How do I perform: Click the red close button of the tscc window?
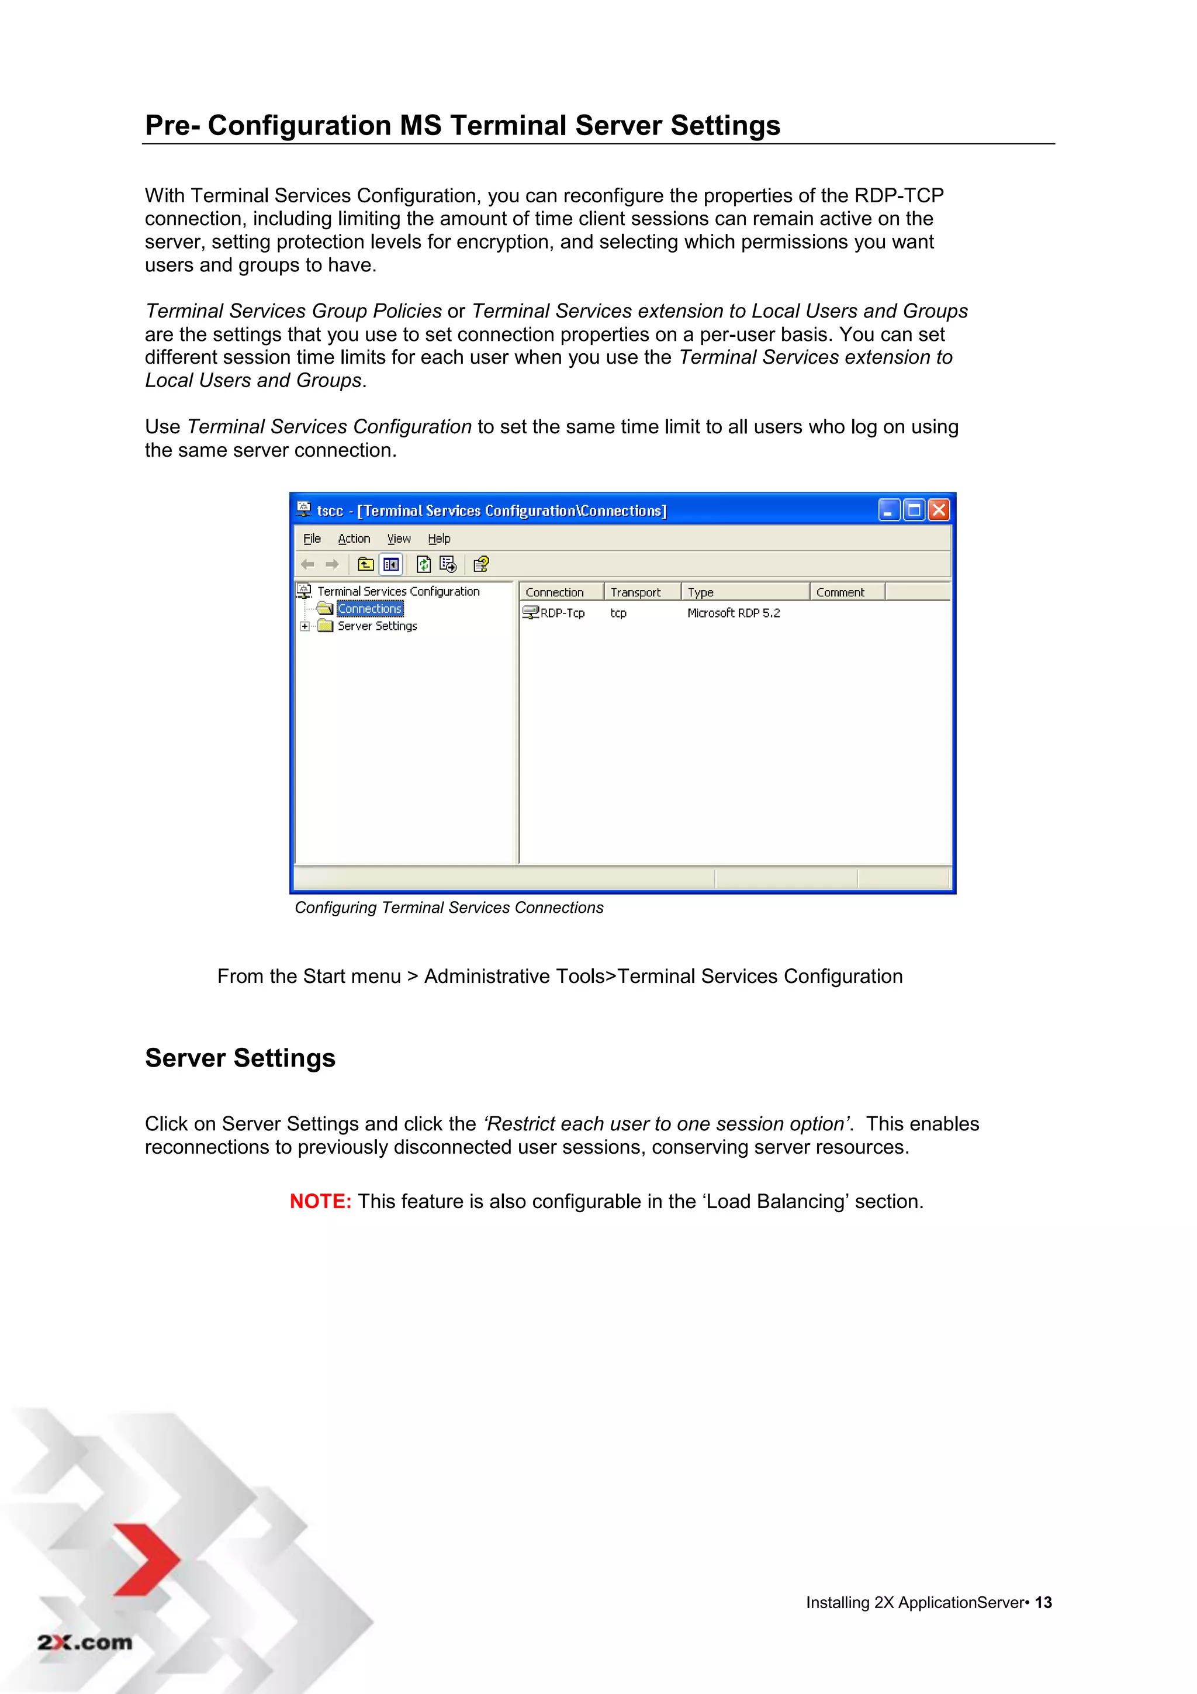(938, 510)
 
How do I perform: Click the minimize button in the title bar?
(889, 510)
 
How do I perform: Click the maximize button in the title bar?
(914, 510)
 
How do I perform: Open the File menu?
(312, 539)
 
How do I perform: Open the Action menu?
(354, 539)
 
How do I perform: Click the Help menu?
(439, 539)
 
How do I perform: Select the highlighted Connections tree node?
(369, 609)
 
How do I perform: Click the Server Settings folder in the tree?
(377, 626)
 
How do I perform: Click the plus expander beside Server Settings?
(305, 626)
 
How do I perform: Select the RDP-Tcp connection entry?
(561, 613)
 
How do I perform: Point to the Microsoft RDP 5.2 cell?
(733, 613)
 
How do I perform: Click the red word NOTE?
(320, 1201)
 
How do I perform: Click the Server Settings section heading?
(240, 1058)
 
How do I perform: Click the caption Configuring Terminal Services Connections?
(448, 908)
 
